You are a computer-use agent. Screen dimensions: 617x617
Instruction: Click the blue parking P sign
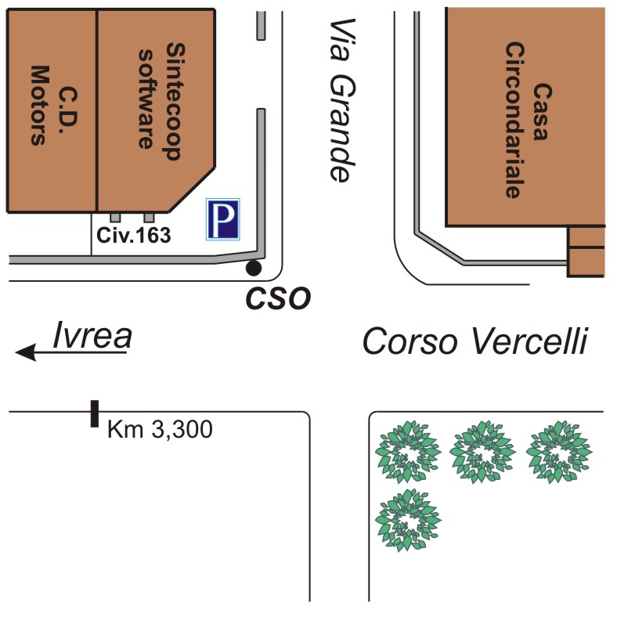coord(224,218)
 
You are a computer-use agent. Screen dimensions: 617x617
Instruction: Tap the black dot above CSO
coord(253,269)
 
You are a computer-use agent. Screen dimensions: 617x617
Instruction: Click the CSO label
coord(280,297)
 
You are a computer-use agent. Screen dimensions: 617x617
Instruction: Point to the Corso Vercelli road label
coord(475,341)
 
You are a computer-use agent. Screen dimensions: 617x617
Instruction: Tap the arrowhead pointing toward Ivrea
coord(26,354)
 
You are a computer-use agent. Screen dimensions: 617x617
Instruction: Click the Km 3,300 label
coord(160,429)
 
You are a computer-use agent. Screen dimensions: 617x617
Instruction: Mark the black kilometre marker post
coord(94,413)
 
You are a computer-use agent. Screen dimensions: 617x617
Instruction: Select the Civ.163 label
coord(133,234)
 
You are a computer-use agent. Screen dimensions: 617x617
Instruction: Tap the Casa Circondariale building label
coord(524,117)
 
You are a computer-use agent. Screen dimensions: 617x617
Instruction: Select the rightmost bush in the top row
coord(559,452)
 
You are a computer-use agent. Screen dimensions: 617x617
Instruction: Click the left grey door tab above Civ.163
coord(115,216)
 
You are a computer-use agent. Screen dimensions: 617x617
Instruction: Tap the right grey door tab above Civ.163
coord(149,216)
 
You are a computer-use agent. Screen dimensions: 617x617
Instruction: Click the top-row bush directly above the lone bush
coord(407,452)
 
